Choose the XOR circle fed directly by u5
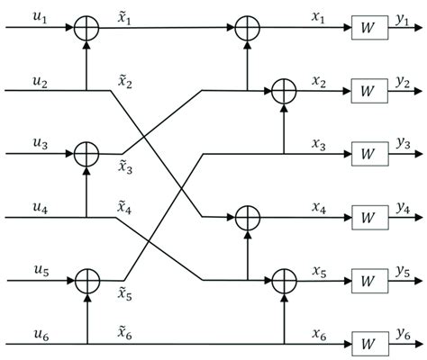coord(86,279)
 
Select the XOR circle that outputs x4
coord(246,216)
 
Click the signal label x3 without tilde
coord(318,142)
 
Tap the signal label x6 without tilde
coord(318,331)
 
